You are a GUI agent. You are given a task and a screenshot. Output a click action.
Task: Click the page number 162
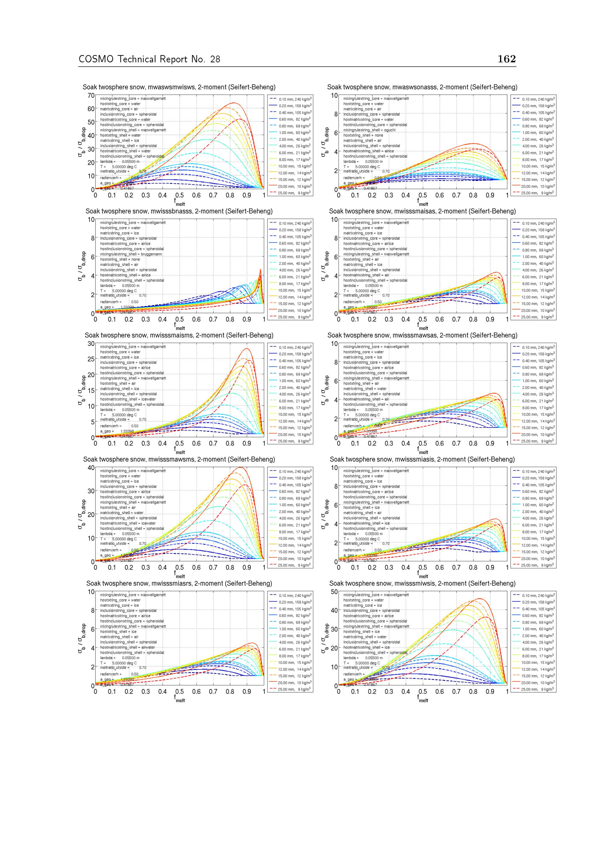pyautogui.click(x=507, y=59)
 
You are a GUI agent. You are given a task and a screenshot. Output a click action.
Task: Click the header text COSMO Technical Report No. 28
pyautogui.click(x=149, y=59)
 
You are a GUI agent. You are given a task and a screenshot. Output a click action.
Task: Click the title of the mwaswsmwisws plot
pyautogui.click(x=179, y=87)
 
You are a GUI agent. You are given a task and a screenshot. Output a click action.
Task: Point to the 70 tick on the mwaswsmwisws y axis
pyautogui.click(x=90, y=96)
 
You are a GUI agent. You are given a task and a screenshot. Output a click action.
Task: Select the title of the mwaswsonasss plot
pyautogui.click(x=422, y=87)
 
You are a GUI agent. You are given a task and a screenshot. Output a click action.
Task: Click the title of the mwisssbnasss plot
pyautogui.click(x=179, y=211)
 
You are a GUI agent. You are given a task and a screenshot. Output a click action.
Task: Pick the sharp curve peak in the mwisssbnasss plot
pyautogui.click(x=260, y=270)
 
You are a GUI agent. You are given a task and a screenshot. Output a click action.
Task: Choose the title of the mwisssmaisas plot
pyautogui.click(x=422, y=211)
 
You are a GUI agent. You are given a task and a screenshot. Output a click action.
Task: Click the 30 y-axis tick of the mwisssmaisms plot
pyautogui.click(x=90, y=343)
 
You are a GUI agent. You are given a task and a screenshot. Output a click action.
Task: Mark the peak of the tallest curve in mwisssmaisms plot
pyautogui.click(x=247, y=348)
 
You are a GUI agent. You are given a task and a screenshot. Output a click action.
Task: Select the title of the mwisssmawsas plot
pyautogui.click(x=422, y=335)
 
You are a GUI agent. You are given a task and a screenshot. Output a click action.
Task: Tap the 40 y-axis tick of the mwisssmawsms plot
pyautogui.click(x=90, y=468)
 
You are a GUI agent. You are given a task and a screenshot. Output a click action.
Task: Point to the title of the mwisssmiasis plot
pyautogui.click(x=422, y=459)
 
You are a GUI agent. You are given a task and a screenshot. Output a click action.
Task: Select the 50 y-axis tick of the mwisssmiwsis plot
pyautogui.click(x=334, y=592)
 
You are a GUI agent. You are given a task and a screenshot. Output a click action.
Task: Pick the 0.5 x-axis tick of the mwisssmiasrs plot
pyautogui.click(x=179, y=691)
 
